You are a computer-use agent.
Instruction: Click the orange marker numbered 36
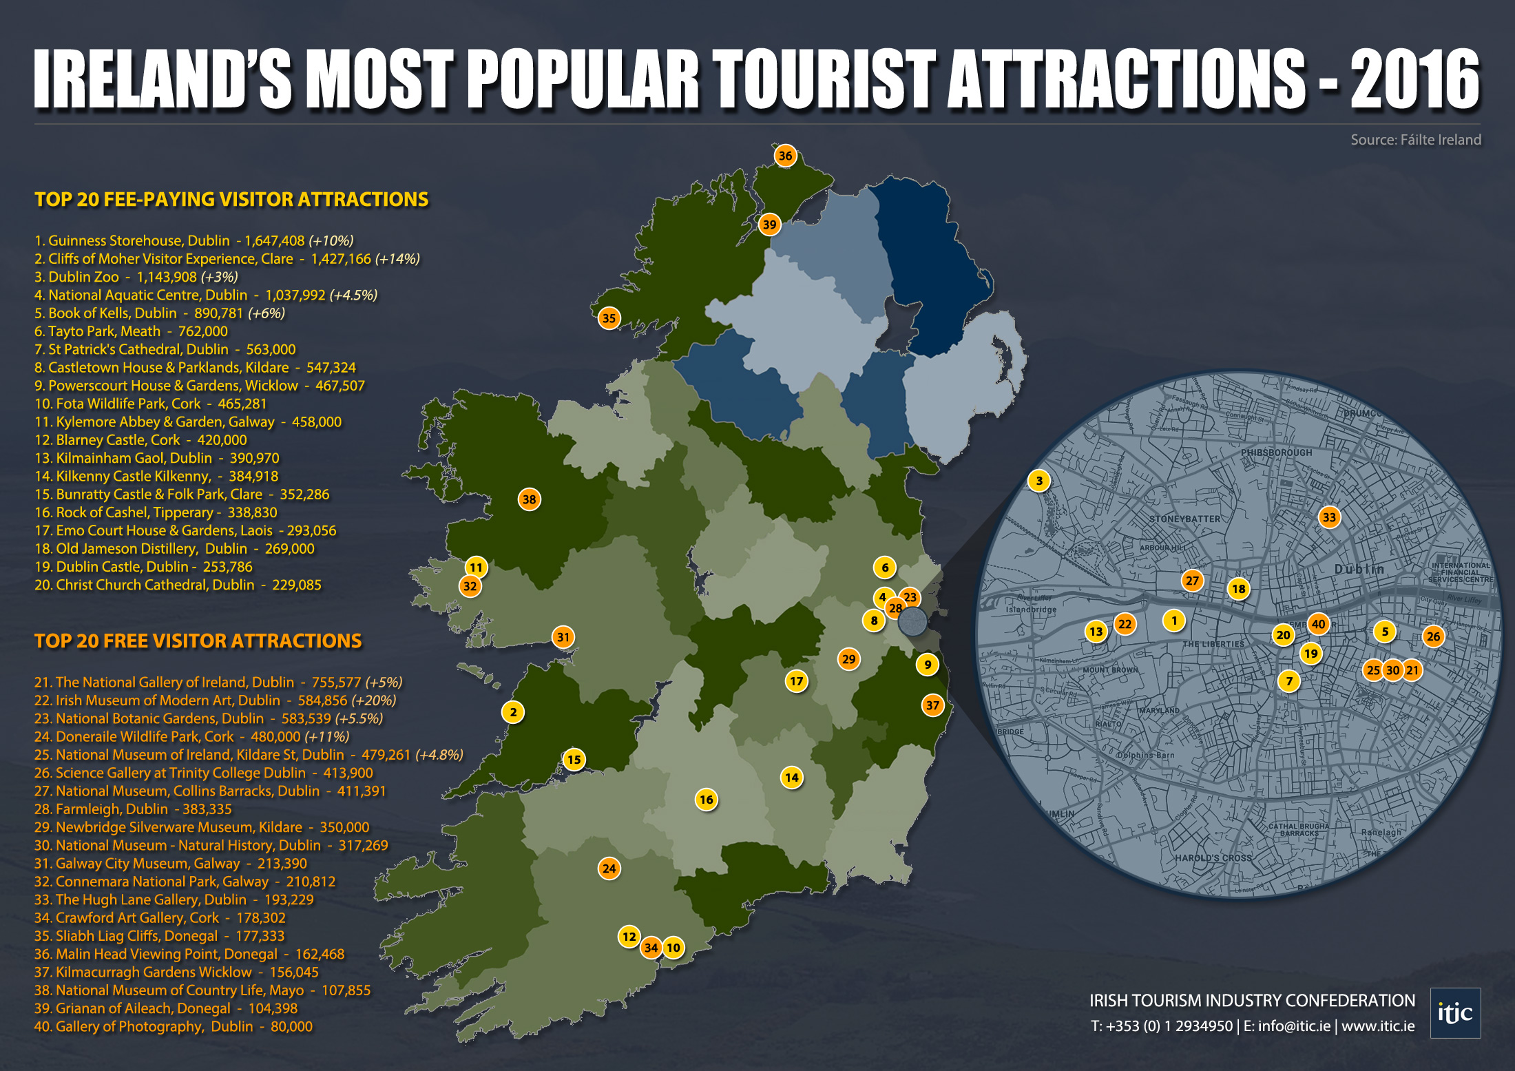(785, 156)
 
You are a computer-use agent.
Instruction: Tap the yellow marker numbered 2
(513, 712)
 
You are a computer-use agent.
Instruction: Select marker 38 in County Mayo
(529, 499)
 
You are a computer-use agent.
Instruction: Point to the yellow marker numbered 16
(706, 800)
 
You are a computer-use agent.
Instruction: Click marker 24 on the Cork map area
(609, 869)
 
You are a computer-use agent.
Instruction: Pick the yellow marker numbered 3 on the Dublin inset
(1039, 481)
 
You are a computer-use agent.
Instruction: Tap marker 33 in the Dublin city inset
(1329, 517)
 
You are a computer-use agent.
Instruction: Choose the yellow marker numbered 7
(1289, 681)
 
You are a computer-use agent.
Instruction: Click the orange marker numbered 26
(1433, 636)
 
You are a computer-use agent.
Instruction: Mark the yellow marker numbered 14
(792, 778)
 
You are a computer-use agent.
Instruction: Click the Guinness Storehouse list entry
(194, 241)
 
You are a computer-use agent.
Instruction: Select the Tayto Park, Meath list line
(131, 331)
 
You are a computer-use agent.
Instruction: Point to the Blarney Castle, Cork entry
(140, 440)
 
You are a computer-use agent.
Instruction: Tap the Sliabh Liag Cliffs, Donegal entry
(159, 936)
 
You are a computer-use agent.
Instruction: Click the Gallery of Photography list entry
(173, 1026)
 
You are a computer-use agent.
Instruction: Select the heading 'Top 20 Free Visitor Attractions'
(198, 641)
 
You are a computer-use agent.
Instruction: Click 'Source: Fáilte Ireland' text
(1415, 140)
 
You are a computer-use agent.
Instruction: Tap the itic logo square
(1455, 1012)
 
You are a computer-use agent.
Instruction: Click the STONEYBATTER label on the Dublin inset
(1184, 519)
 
